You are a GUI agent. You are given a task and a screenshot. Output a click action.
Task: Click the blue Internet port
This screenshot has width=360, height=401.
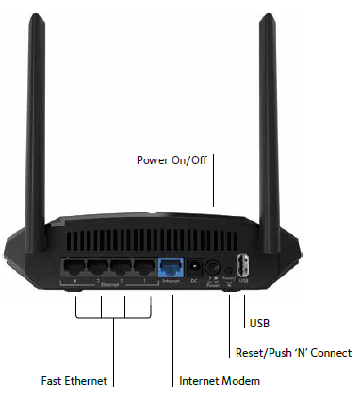[171, 268]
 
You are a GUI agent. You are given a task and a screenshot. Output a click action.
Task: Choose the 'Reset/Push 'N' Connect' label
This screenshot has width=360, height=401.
[292, 352]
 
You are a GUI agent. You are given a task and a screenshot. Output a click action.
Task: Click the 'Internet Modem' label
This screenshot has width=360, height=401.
[219, 381]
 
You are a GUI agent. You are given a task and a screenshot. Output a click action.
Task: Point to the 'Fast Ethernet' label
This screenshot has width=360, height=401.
[74, 381]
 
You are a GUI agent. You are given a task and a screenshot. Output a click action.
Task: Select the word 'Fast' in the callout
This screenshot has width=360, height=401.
[53, 381]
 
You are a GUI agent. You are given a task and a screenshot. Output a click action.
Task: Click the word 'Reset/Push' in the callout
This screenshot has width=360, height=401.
[260, 352]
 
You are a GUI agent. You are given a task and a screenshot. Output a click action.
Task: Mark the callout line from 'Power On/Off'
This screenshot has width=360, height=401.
[214, 179]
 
